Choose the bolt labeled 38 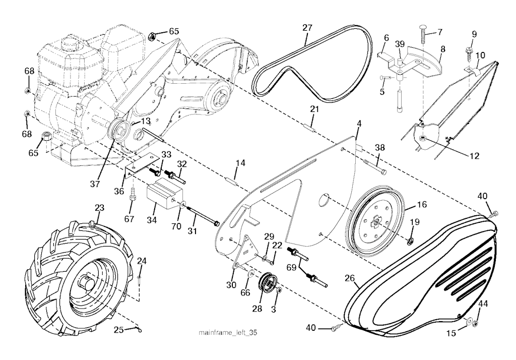click(373, 167)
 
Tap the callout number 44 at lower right click(483, 304)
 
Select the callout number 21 click(314, 109)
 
